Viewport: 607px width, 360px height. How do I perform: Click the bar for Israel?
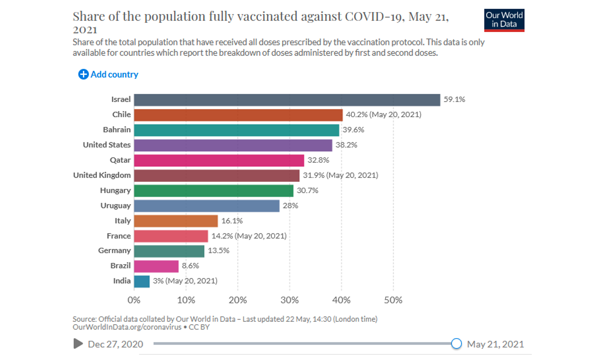pos(287,100)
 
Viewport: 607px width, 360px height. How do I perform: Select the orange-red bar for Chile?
pos(238,115)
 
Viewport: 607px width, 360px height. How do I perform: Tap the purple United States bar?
pos(233,145)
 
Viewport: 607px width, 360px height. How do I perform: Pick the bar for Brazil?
pos(156,266)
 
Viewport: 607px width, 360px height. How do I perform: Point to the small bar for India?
pos(142,281)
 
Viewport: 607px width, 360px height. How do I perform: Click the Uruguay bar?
pos(206,206)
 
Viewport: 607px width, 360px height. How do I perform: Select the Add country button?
pos(108,74)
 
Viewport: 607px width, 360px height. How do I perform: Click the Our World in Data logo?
pos(504,20)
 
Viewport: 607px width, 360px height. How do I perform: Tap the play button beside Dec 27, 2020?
pos(78,344)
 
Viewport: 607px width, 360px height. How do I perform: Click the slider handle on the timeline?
pos(456,343)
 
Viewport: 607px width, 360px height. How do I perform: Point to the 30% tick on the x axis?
pos(289,300)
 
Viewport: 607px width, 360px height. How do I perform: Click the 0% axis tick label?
pos(134,300)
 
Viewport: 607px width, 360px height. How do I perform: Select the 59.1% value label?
pos(454,99)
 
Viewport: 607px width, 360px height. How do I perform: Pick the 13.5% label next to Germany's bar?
pos(218,251)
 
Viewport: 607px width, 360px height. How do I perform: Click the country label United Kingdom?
pos(102,175)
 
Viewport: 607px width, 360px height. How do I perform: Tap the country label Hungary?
pos(115,191)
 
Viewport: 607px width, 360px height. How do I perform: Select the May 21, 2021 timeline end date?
pos(495,344)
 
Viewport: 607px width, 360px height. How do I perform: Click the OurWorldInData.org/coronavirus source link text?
pos(127,327)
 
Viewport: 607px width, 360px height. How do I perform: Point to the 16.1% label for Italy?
pos(232,221)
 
